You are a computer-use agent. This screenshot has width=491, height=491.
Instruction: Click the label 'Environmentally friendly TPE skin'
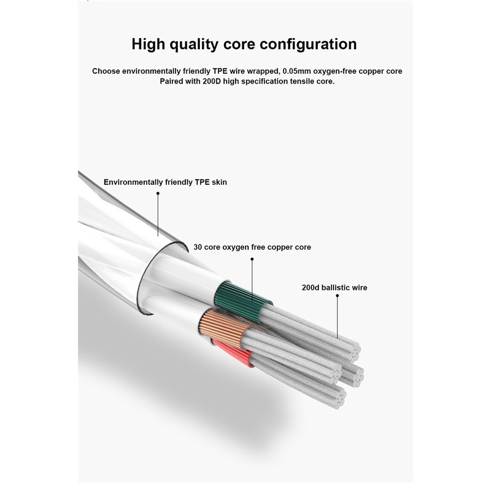(x=165, y=182)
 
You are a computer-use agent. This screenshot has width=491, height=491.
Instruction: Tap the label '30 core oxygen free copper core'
(x=252, y=247)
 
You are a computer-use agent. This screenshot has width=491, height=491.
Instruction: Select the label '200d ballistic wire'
(x=334, y=287)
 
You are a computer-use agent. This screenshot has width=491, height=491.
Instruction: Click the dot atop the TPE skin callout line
(x=158, y=193)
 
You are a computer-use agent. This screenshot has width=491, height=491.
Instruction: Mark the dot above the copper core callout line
(x=252, y=259)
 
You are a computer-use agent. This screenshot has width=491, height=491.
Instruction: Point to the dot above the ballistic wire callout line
(x=337, y=296)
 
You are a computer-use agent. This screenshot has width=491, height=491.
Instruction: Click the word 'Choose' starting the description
(x=106, y=71)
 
